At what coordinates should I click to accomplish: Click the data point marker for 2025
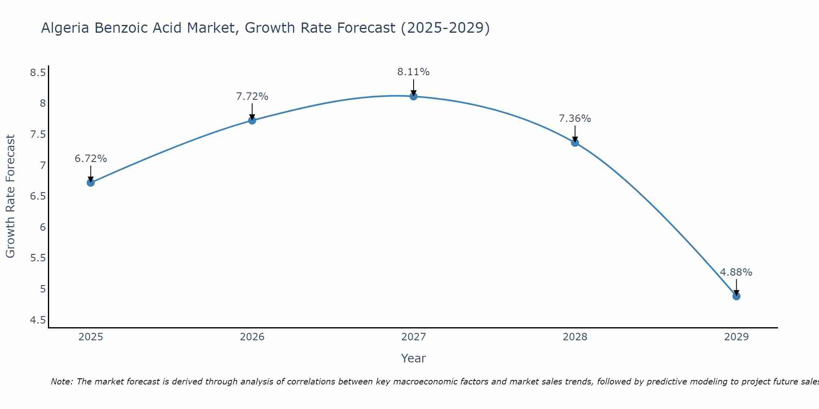(x=90, y=182)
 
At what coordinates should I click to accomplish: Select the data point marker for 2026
(x=252, y=120)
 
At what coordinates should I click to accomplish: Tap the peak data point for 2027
(x=413, y=96)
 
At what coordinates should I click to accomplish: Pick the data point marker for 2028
(x=575, y=142)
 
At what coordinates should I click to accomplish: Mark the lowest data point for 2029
(x=736, y=296)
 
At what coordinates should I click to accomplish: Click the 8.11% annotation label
(x=413, y=72)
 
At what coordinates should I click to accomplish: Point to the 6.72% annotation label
(x=90, y=159)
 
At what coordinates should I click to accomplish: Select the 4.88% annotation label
(x=736, y=272)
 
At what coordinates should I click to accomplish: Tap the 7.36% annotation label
(x=575, y=119)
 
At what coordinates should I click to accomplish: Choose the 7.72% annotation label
(x=252, y=97)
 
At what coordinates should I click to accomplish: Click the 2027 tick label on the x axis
(x=413, y=337)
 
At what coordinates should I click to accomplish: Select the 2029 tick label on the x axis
(x=736, y=337)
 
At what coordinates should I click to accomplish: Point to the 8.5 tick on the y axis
(x=38, y=73)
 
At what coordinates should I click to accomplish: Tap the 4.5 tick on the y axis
(x=38, y=320)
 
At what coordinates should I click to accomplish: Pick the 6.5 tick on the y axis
(x=38, y=196)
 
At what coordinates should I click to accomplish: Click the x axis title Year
(x=413, y=358)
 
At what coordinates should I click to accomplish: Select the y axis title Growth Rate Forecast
(x=10, y=196)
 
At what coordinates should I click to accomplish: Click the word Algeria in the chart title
(x=66, y=28)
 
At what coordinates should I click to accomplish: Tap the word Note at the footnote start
(x=61, y=382)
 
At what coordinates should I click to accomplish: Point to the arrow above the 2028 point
(x=575, y=134)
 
